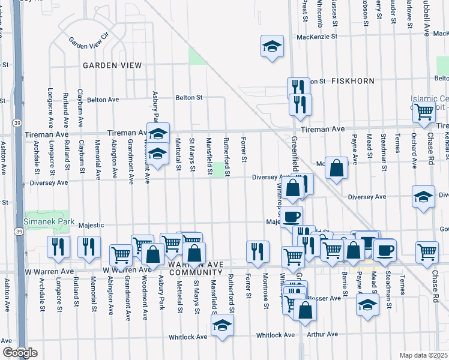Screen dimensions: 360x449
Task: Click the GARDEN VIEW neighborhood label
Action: tap(112, 65)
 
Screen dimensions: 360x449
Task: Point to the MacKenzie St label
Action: tap(318, 37)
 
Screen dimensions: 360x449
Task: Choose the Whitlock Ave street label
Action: tap(276, 335)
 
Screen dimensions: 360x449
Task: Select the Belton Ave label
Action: tap(104, 100)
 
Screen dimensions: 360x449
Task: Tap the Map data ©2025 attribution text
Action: tap(423, 355)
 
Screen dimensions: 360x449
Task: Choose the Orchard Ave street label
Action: tap(414, 155)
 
